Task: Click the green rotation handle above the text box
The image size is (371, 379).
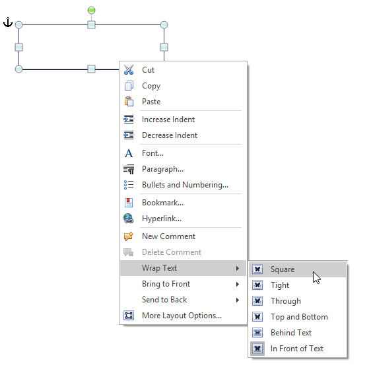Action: click(91, 11)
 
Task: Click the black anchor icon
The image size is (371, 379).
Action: click(8, 22)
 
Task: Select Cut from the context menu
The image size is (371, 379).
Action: click(148, 70)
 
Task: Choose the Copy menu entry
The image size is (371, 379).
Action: click(151, 86)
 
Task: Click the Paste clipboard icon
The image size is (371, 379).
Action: click(129, 102)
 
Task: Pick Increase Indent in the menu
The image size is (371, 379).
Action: click(168, 120)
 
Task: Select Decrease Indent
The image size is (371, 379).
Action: click(170, 135)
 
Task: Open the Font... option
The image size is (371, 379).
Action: click(152, 153)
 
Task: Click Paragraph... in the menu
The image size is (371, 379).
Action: click(162, 169)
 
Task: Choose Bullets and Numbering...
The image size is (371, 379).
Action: click(185, 185)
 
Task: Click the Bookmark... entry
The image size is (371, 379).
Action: click(162, 203)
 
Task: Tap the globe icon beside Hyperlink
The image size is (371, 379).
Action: click(129, 219)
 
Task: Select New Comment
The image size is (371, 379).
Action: click(168, 236)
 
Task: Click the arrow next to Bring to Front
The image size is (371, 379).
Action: click(238, 284)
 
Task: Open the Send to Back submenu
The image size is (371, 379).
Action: click(164, 300)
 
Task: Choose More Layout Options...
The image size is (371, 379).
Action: click(182, 316)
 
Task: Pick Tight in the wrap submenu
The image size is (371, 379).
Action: click(280, 285)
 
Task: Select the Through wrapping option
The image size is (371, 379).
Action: click(286, 301)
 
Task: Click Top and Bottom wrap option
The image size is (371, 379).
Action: click(299, 317)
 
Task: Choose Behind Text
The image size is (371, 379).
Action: click(291, 333)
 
